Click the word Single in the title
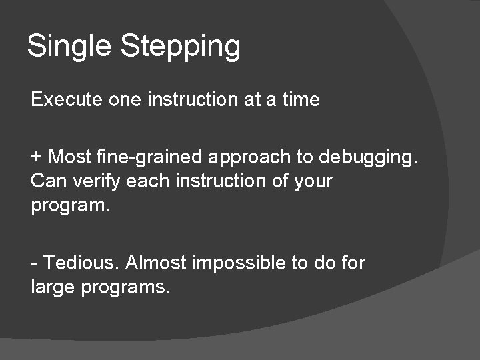pyautogui.click(x=69, y=47)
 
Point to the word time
pyautogui.click(x=301, y=100)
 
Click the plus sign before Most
pyautogui.click(x=36, y=157)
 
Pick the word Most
pyautogui.click(x=70, y=157)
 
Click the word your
pyautogui.click(x=313, y=181)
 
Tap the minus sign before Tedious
pyautogui.click(x=34, y=263)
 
